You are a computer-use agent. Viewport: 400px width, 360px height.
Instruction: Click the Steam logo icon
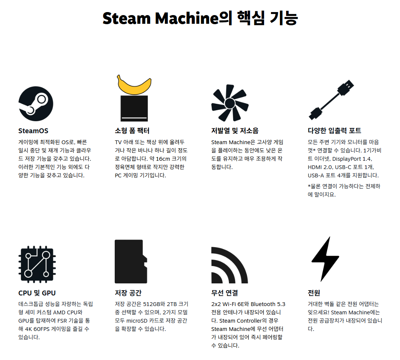(x=36, y=104)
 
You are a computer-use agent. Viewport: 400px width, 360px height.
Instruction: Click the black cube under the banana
(x=134, y=108)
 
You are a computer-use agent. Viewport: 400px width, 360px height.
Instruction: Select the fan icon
(x=230, y=103)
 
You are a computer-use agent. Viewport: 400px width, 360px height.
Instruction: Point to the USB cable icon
(x=331, y=100)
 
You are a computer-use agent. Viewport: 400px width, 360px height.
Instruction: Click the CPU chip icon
(x=37, y=264)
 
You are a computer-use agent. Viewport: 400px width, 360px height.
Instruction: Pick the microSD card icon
(x=131, y=262)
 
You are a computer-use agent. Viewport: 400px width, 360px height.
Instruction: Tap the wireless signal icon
(x=229, y=265)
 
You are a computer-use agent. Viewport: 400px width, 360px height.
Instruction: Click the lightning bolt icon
(x=325, y=259)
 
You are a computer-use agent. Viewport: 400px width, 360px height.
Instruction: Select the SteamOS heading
(x=33, y=131)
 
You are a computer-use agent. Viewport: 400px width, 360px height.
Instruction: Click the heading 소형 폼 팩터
(x=132, y=131)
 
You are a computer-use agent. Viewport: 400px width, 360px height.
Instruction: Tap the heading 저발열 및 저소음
(x=235, y=131)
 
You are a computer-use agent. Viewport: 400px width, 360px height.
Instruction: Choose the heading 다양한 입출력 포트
(x=334, y=131)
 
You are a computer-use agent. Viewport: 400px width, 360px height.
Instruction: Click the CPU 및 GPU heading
(x=37, y=293)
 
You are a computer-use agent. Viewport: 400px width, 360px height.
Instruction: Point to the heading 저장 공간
(x=128, y=293)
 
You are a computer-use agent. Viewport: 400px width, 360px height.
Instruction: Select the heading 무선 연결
(x=225, y=293)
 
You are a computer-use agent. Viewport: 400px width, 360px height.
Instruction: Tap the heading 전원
(x=314, y=293)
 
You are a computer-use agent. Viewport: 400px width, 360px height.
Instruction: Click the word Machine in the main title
(x=187, y=18)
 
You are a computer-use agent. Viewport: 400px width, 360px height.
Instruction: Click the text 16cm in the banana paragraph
(x=163, y=159)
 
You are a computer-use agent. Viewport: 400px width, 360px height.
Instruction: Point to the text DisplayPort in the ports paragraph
(x=346, y=159)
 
